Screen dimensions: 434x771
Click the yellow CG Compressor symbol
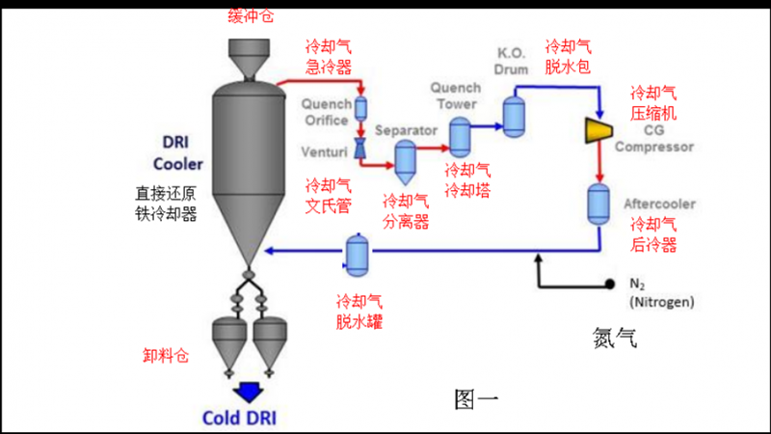601,131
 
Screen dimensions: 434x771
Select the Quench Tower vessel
460,137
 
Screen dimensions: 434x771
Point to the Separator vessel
405,159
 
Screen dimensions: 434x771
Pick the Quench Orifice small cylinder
362,108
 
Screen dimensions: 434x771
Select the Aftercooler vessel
598,203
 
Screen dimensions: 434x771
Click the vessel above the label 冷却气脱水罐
359,253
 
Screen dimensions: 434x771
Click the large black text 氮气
616,339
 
